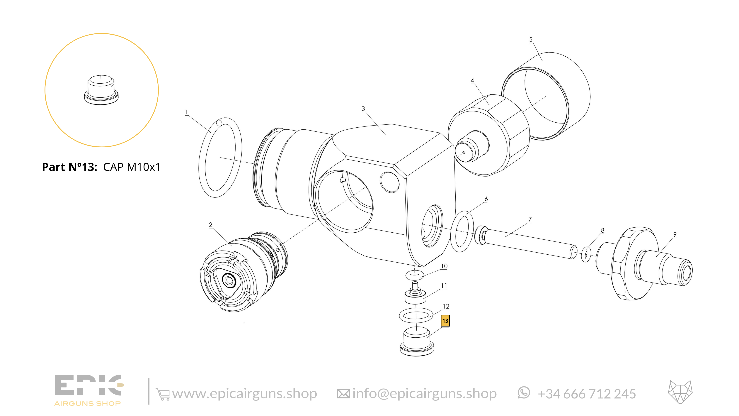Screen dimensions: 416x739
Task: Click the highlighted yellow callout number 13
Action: pos(445,321)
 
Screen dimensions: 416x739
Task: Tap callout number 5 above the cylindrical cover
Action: pos(531,40)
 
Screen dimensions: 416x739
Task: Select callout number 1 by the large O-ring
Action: pos(186,112)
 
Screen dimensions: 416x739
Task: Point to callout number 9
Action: pos(675,235)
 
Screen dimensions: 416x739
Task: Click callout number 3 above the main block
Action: pos(363,109)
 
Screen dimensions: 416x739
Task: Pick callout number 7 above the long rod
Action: pos(530,219)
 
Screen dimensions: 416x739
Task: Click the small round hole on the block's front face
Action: pos(389,182)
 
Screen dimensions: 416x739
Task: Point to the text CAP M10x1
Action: pos(132,167)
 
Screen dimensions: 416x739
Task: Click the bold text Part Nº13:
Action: pos(69,167)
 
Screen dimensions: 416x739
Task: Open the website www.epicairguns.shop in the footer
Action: pos(244,394)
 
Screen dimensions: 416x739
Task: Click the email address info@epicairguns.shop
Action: pos(424,394)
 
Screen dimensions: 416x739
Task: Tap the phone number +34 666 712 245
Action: pos(587,394)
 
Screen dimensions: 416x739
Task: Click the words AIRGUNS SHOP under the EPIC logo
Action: pos(88,404)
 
